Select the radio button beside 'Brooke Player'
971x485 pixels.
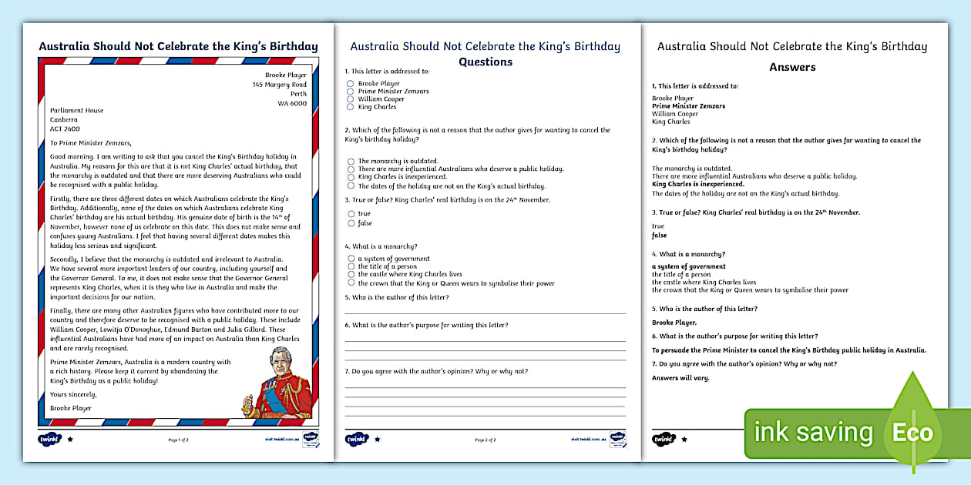coord(350,83)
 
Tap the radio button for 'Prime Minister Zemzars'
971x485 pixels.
coord(350,91)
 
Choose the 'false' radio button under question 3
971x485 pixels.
coord(351,223)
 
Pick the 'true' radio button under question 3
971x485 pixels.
coord(351,214)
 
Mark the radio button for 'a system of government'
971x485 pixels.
coord(351,259)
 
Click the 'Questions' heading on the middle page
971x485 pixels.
coord(485,62)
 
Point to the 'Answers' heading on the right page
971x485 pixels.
coord(792,67)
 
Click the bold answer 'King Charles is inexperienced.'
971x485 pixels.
coord(697,184)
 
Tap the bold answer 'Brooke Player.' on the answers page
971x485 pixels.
coord(674,323)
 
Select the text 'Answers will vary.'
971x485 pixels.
coord(680,378)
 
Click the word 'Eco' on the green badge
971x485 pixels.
coord(912,433)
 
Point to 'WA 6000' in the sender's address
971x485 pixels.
coord(292,103)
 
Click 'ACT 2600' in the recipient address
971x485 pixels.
coord(66,129)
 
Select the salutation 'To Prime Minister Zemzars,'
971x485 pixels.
coord(91,142)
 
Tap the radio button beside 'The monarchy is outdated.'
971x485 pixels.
coord(351,161)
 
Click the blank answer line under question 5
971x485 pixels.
coord(485,313)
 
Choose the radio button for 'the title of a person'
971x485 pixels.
coord(351,266)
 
